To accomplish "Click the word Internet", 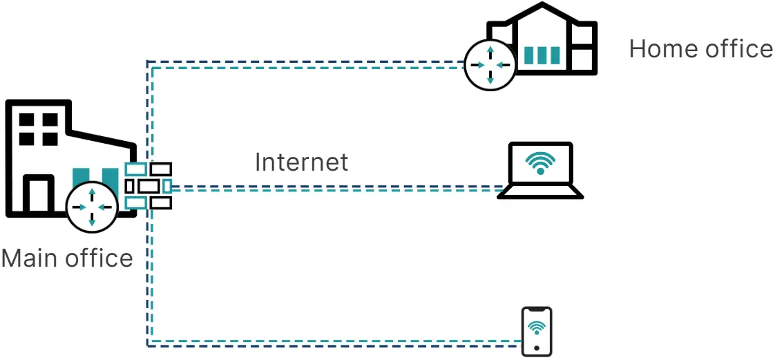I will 301,162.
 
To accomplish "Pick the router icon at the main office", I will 92,207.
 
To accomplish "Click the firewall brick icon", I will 149,186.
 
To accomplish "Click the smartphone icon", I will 537,332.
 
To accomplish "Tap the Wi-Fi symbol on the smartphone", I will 537,326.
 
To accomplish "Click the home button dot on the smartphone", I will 537,347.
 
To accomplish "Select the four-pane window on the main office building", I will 38,129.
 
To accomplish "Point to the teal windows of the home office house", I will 540,55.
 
